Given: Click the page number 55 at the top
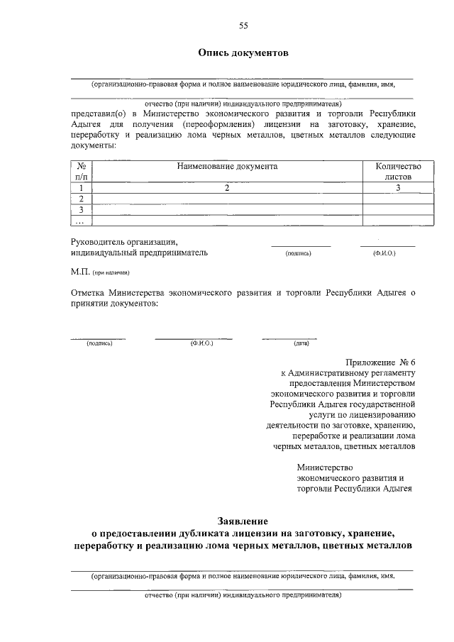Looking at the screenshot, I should (243, 26).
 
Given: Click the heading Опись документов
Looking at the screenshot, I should (243, 53).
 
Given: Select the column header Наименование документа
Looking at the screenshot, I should (227, 166).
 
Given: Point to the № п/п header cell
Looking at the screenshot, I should (82, 171).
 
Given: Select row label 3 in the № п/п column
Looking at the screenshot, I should (82, 210).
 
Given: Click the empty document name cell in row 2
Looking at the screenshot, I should (227, 199).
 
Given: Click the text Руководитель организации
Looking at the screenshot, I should (124, 241).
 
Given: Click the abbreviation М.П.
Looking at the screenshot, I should (79, 272).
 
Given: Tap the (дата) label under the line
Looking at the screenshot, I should (301, 343).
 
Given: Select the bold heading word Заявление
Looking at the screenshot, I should (243, 521).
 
